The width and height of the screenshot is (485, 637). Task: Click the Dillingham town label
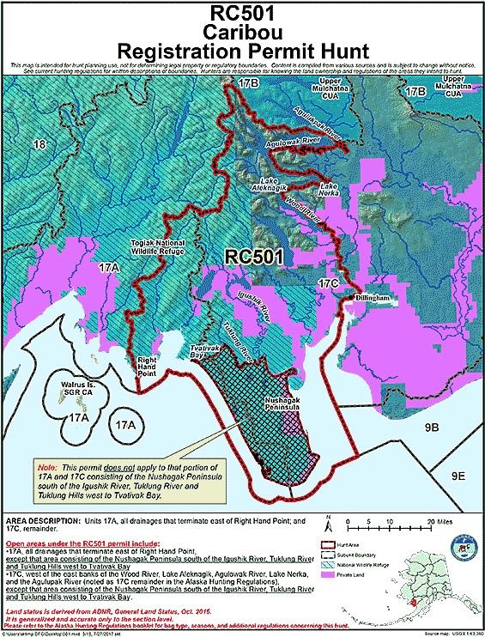[372, 297]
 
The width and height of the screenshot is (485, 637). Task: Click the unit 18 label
[37, 147]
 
